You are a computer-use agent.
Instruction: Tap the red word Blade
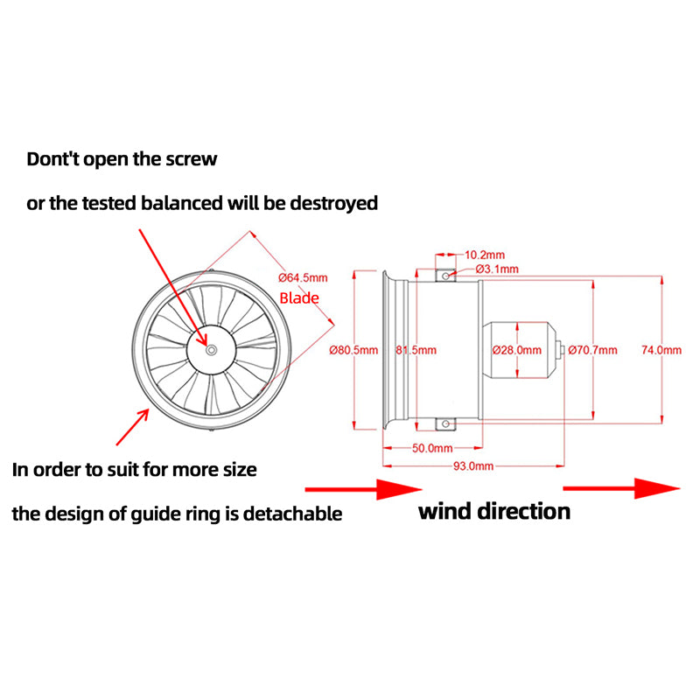point(299,298)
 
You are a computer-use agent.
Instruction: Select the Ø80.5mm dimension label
point(354,350)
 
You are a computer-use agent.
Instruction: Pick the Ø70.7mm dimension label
point(592,350)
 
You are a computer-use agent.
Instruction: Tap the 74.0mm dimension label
point(661,350)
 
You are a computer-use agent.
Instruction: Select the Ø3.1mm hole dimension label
point(497,269)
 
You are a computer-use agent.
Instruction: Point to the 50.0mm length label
point(431,448)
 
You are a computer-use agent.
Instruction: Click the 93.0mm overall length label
point(473,466)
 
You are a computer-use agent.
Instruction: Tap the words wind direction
point(493,511)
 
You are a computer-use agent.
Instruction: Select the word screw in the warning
point(190,159)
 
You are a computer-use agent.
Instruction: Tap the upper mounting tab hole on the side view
point(446,276)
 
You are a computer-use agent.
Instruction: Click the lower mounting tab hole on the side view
point(446,425)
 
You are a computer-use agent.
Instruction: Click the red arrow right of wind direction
point(620,488)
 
